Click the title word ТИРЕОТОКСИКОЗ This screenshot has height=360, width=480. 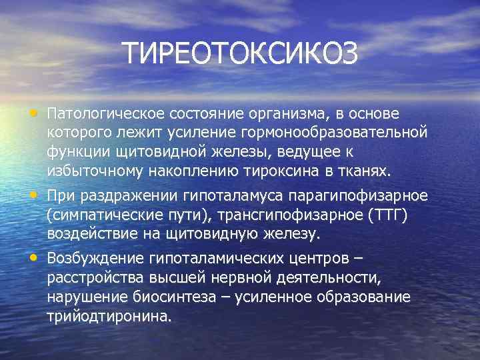[240, 54]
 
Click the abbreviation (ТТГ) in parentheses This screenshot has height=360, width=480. [384, 215]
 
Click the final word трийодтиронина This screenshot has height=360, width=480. [109, 317]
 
